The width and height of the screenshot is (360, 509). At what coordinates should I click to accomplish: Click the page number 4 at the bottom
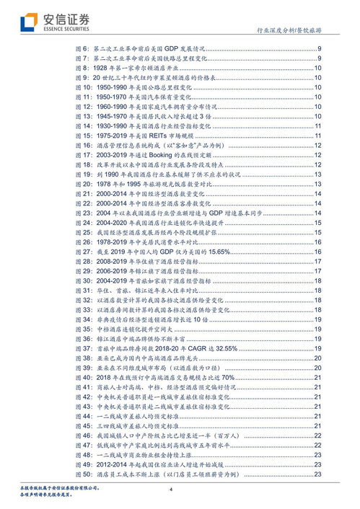(x=172, y=490)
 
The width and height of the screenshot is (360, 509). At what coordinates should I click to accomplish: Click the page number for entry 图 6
(x=319, y=48)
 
